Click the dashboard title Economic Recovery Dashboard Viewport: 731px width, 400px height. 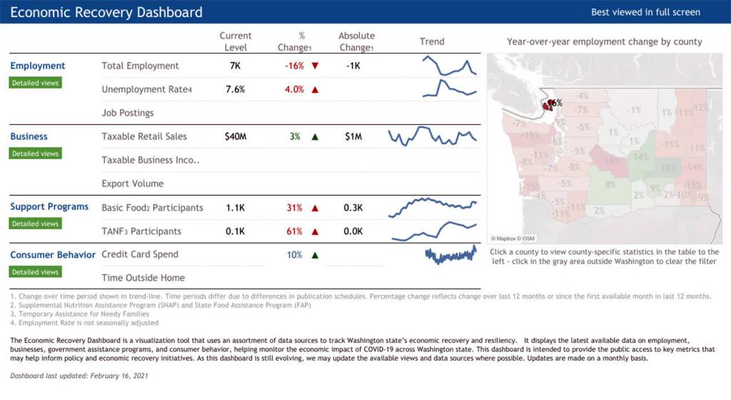(x=106, y=12)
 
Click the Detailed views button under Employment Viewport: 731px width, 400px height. (x=35, y=83)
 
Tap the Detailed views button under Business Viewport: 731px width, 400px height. (x=35, y=154)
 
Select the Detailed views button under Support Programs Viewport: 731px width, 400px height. (x=35, y=224)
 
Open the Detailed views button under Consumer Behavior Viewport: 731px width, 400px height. (x=35, y=271)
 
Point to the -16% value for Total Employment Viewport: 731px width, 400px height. (x=294, y=66)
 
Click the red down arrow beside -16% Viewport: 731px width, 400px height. (x=315, y=66)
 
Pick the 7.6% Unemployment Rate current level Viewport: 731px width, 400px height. (x=235, y=89)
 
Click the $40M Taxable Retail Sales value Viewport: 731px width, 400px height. (x=235, y=136)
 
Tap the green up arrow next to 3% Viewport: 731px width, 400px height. (x=315, y=136)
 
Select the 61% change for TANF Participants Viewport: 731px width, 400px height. (x=295, y=231)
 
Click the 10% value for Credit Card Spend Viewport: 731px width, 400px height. (x=295, y=255)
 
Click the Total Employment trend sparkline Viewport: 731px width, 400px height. (x=449, y=66)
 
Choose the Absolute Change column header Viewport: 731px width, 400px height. (x=356, y=41)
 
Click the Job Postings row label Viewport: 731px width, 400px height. (x=128, y=113)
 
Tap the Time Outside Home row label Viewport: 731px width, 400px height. (x=143, y=278)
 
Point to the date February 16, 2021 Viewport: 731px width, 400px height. (x=112, y=376)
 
